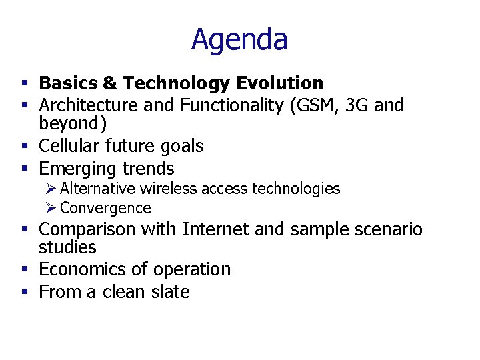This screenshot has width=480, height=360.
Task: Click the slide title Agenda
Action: pos(239,39)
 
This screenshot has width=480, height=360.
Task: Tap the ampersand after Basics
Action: pos(110,83)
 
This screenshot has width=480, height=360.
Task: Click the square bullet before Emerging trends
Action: pos(24,169)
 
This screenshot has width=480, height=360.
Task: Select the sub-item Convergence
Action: pos(105,208)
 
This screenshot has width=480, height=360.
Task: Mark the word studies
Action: pos(67,247)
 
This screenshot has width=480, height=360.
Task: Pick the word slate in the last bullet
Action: pos(170,292)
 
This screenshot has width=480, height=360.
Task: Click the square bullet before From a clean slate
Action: pos(24,292)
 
